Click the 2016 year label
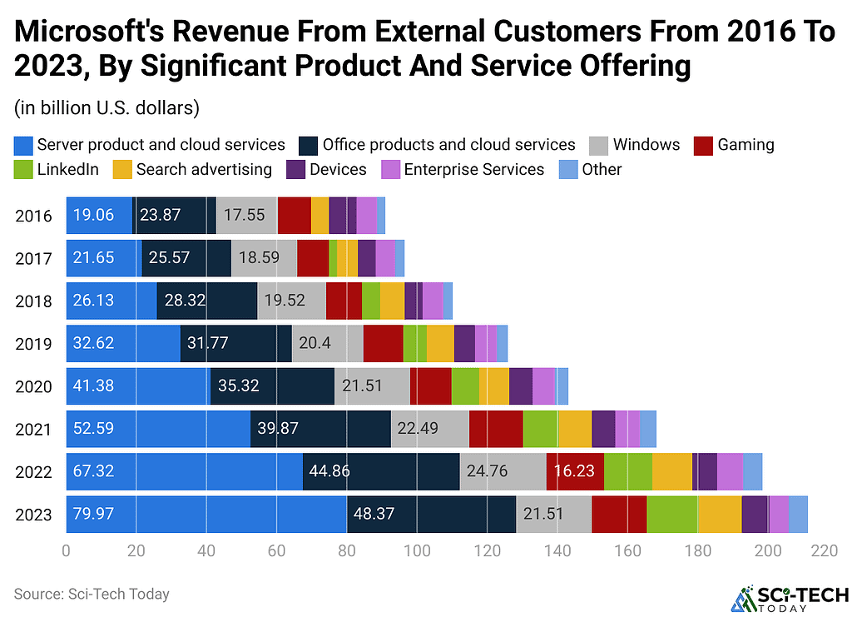(33, 216)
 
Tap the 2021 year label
(33, 430)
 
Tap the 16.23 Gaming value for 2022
(573, 471)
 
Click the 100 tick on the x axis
(417, 550)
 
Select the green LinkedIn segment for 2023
(672, 514)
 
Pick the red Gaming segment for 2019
(384, 343)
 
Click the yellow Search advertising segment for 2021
(575, 429)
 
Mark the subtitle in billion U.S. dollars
(105, 108)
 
